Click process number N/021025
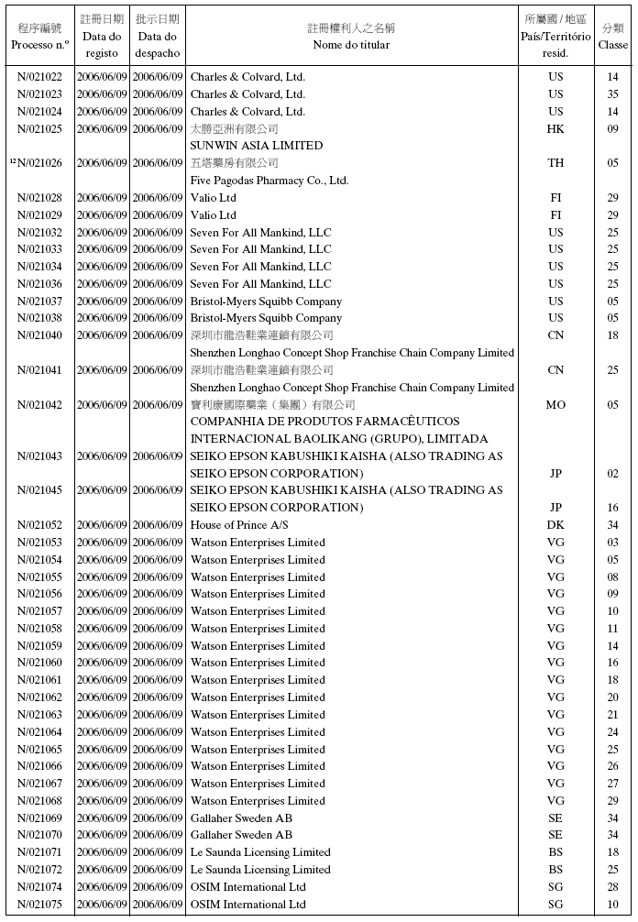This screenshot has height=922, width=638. tap(40, 128)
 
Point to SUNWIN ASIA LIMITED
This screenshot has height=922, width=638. tap(257, 146)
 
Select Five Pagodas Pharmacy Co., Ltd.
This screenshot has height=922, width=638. tap(269, 181)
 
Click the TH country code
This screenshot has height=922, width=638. tap(555, 163)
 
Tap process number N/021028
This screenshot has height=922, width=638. tap(40, 198)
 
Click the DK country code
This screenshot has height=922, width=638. tap(555, 525)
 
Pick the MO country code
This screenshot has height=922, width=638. tap(555, 405)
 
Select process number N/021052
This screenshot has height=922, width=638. tap(40, 525)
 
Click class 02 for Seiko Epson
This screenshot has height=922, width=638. tap(612, 474)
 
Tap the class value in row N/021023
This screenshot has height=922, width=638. tap(612, 94)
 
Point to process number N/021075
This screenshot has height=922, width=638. tap(40, 905)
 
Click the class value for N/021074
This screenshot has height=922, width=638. tap(612, 887)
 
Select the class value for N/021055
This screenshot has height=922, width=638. tap(612, 577)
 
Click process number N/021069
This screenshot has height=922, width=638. tap(40, 818)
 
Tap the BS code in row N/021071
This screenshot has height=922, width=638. tap(555, 852)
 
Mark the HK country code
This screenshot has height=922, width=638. tap(555, 128)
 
